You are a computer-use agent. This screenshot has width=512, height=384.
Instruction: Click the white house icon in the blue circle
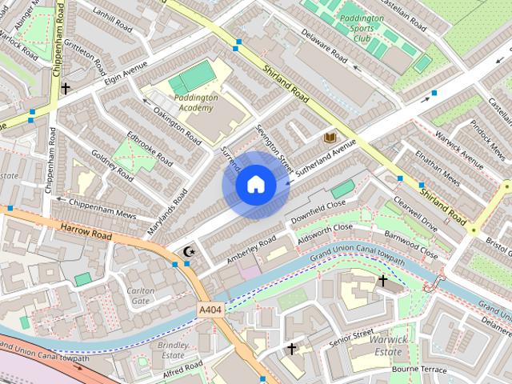(x=255, y=185)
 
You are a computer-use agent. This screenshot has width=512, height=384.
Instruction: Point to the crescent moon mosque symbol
(x=190, y=252)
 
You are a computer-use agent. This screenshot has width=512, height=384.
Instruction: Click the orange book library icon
(x=329, y=138)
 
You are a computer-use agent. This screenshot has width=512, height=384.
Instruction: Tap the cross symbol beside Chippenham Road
(x=66, y=89)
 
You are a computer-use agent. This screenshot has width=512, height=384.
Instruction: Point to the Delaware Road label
(x=324, y=46)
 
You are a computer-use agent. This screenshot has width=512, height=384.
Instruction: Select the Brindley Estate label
(x=174, y=349)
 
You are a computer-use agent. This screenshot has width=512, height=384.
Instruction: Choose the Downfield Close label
(x=318, y=211)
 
